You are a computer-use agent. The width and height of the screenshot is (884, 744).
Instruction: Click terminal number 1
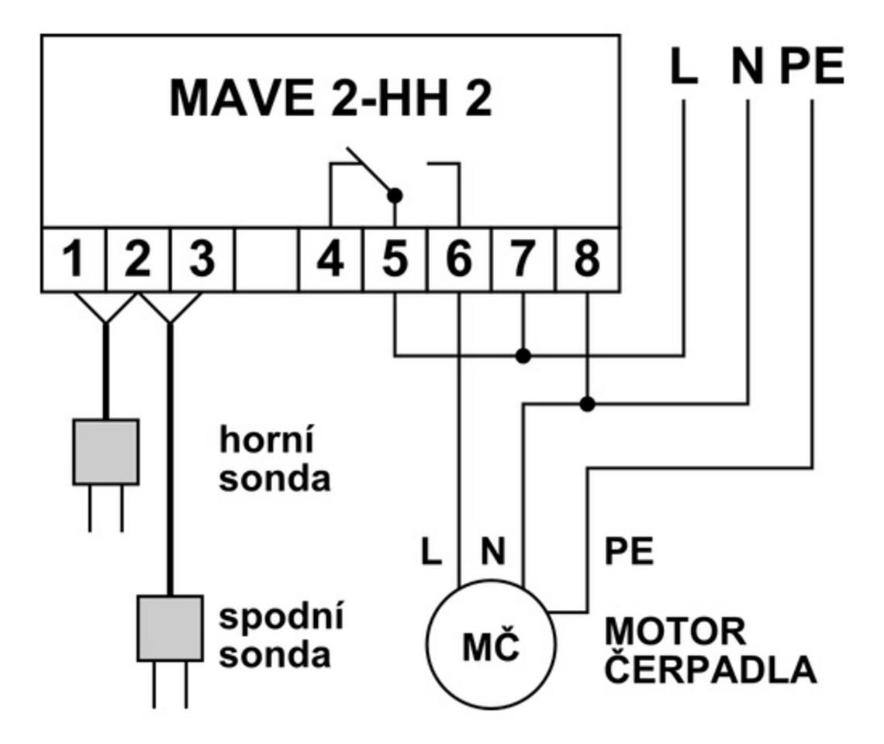coord(73,260)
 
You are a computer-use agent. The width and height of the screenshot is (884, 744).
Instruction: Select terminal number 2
coord(137,260)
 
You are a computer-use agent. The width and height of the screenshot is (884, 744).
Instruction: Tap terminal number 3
coord(202,260)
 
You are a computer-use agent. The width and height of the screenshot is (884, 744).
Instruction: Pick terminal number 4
coord(331,260)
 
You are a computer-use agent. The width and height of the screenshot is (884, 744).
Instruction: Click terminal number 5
coord(395,260)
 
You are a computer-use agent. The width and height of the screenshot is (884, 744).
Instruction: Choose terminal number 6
coord(460,260)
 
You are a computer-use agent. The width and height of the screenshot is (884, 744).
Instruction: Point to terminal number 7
coord(523,260)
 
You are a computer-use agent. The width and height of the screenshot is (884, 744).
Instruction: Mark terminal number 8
coord(587,260)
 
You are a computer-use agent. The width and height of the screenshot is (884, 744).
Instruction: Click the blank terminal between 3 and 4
coord(266,260)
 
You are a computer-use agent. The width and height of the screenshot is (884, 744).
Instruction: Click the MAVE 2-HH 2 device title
coord(331,98)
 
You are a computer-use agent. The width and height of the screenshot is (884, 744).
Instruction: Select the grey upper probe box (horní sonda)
coord(105,452)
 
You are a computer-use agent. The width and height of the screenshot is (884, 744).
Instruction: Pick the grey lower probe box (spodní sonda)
coord(170,627)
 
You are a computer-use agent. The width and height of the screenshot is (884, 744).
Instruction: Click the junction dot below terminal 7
coord(524,356)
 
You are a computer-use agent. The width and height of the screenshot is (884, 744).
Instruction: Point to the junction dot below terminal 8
coord(588,404)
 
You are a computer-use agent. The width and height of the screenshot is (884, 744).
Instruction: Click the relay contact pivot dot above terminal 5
coord(395,195)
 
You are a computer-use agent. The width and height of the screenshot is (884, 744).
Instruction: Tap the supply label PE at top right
coord(812,68)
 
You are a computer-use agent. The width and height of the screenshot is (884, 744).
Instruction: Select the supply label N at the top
coord(748,68)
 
